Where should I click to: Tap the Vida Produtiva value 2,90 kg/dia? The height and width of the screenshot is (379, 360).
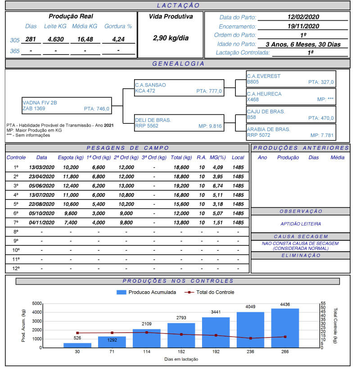pos(171,38)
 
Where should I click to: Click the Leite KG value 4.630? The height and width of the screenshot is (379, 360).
pos(56,40)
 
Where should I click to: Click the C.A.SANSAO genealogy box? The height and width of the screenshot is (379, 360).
pos(179,88)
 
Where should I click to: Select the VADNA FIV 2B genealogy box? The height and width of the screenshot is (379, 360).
pos(66,105)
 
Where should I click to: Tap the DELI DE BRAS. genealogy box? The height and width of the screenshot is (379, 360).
pos(179,123)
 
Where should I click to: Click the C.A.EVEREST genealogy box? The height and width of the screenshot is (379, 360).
pos(291,79)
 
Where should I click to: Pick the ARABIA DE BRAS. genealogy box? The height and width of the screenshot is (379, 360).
pos(291,132)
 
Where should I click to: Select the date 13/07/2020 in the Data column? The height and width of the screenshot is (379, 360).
pos(41,195)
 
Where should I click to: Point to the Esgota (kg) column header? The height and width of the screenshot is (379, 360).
pos(71,158)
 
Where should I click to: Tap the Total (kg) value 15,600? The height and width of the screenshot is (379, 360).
pos(181,204)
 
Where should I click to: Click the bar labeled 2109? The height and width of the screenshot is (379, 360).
pos(147,338)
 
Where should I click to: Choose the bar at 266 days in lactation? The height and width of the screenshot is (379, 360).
pos(285,328)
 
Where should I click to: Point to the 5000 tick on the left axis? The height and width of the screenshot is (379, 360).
pos(37,303)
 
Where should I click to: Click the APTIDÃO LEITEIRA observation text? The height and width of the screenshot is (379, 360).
pos(300,224)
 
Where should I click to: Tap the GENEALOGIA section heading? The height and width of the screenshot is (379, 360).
pos(178,64)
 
